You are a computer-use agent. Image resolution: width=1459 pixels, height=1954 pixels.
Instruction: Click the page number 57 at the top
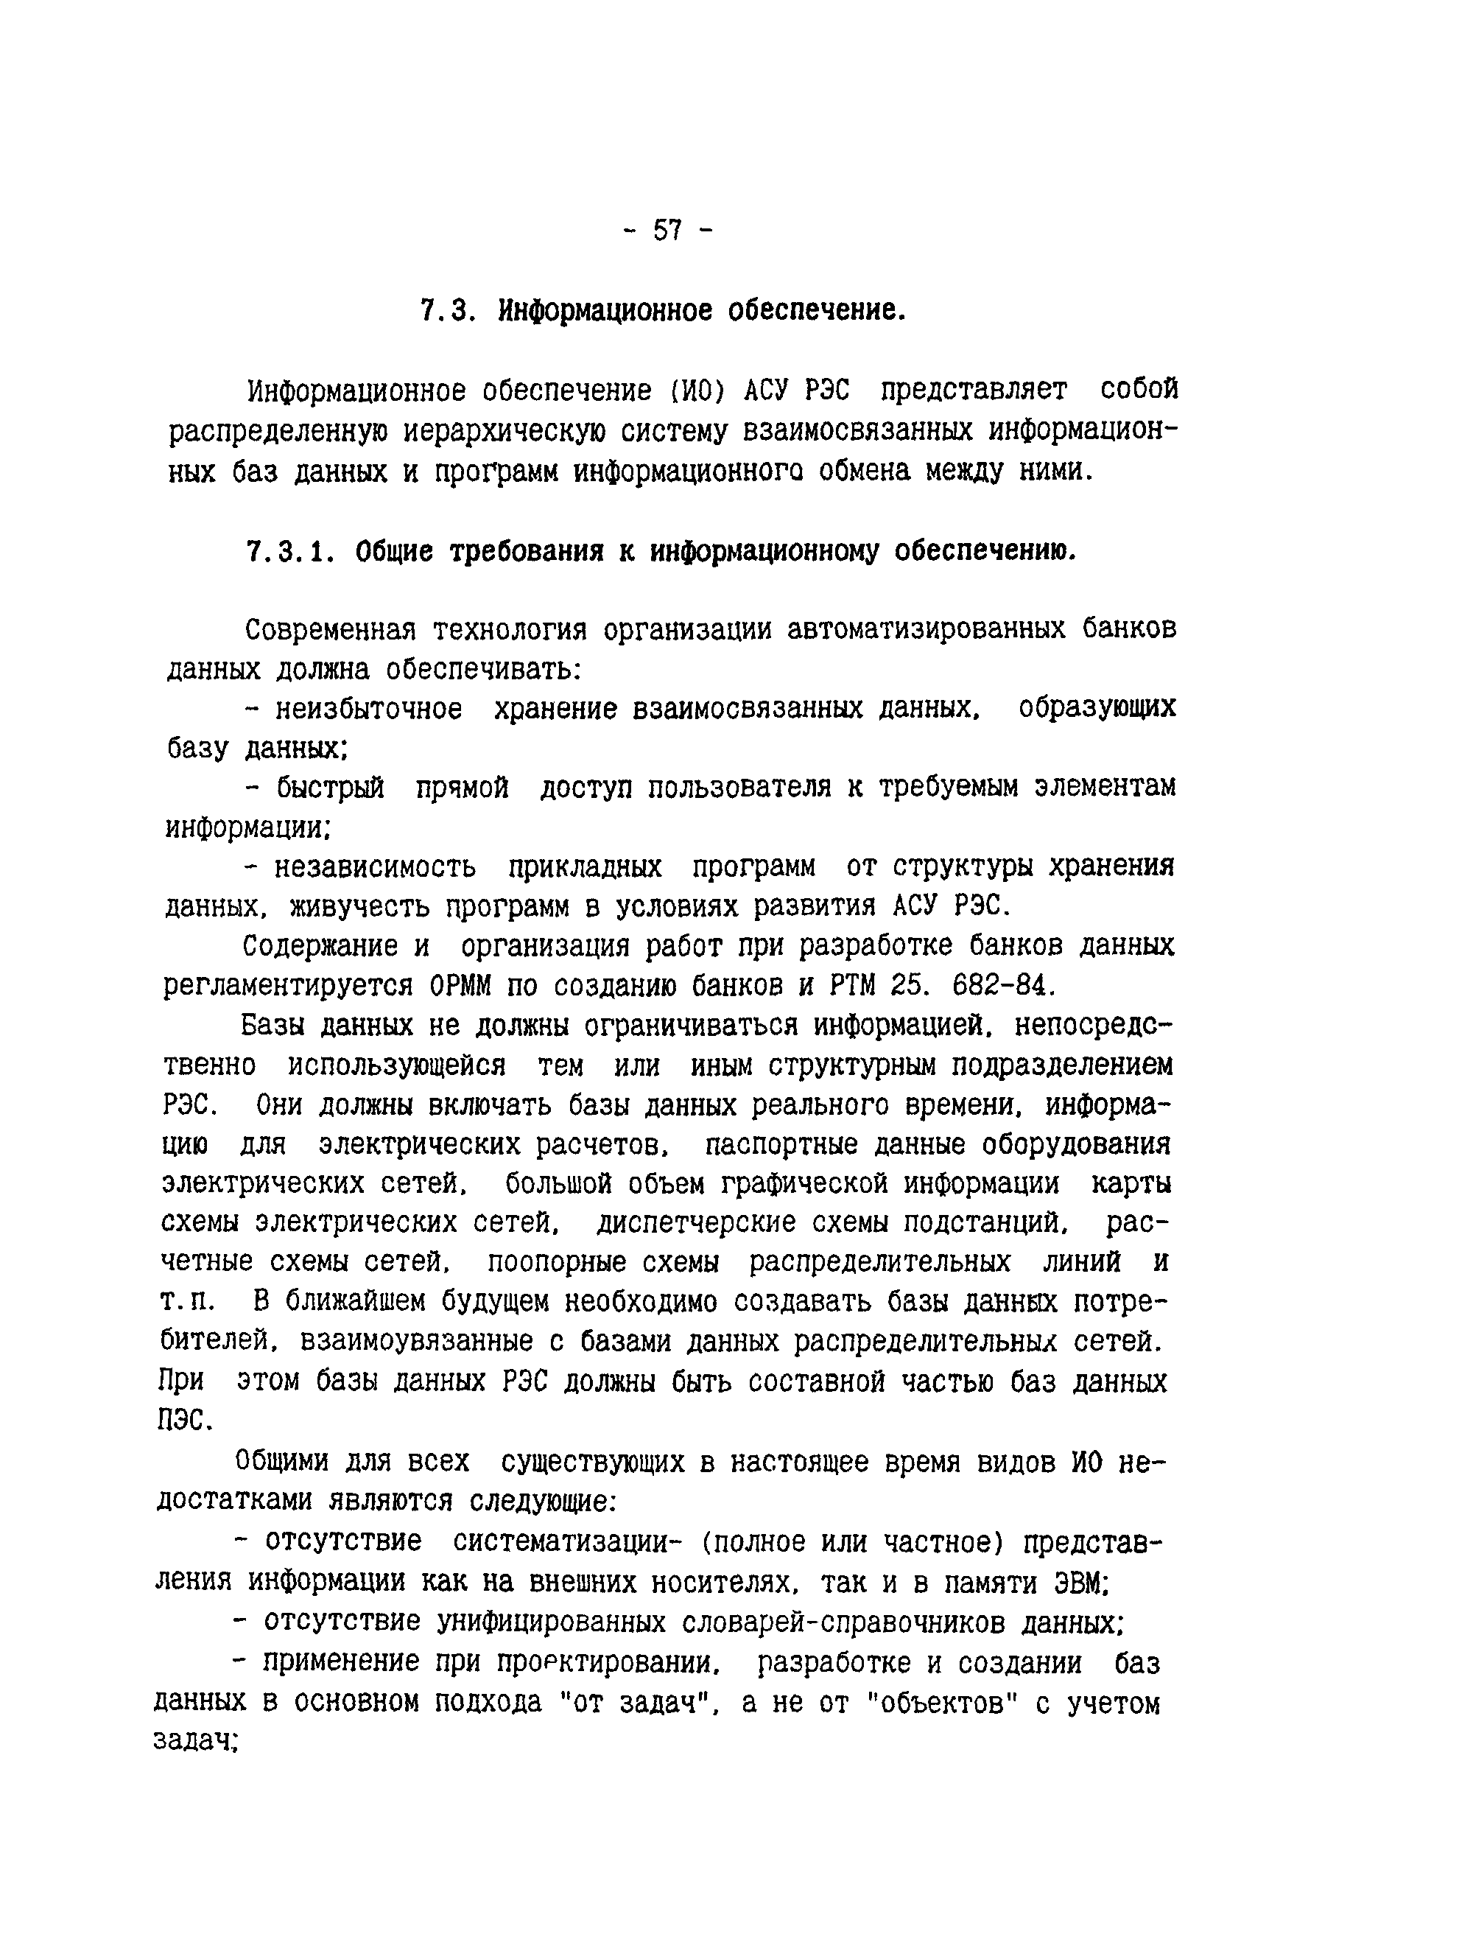(x=667, y=231)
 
